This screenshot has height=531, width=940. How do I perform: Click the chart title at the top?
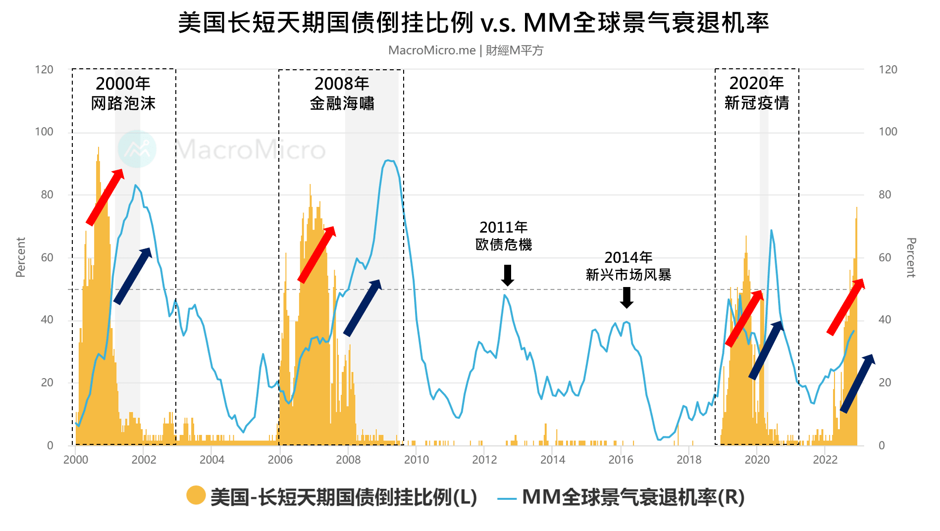click(473, 23)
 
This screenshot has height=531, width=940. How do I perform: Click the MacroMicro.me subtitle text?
click(466, 50)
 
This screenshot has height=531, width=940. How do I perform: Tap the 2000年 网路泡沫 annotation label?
click(123, 93)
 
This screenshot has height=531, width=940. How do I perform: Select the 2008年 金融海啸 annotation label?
click(342, 93)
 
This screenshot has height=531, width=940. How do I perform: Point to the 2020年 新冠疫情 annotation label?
click(756, 93)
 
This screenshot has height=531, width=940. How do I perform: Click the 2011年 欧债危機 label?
click(504, 236)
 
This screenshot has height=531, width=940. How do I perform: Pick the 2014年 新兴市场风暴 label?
click(628, 266)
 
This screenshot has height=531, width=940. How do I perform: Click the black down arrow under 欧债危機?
click(508, 275)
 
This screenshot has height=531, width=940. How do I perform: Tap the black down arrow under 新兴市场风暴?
click(627, 297)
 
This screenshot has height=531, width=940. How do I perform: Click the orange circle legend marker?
click(196, 495)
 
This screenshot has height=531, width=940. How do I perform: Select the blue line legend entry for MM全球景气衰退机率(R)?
click(621, 497)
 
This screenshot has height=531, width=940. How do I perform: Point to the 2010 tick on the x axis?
click(416, 460)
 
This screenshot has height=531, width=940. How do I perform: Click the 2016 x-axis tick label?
click(621, 460)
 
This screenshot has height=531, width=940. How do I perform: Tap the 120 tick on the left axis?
click(44, 70)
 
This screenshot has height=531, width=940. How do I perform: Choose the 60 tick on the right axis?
click(885, 257)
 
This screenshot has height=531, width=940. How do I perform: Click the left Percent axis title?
click(20, 257)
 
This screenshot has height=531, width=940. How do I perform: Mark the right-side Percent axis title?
click(911, 257)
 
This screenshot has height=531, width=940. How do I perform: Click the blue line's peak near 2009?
click(389, 160)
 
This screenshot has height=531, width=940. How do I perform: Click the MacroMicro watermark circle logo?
click(137, 149)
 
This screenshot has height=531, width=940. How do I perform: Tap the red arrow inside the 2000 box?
click(105, 196)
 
